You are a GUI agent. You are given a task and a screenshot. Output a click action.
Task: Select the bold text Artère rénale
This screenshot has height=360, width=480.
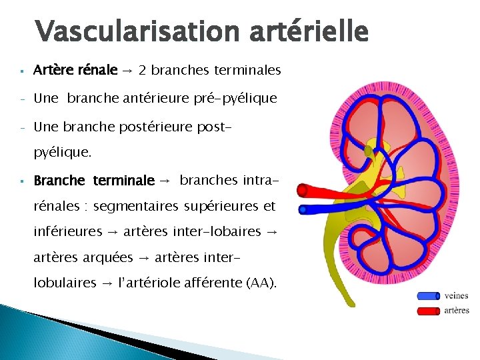tap(75, 70)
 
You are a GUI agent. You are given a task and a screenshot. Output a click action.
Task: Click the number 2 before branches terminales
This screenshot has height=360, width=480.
tap(143, 70)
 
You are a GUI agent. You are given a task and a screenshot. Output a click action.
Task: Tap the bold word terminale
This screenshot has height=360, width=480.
tap(123, 181)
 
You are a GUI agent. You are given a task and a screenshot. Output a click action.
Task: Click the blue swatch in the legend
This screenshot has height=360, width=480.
tap(427, 296)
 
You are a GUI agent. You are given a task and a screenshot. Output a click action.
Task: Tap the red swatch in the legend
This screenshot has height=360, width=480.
tap(427, 310)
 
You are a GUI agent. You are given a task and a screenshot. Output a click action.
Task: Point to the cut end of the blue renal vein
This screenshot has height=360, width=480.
tap(303, 209)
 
